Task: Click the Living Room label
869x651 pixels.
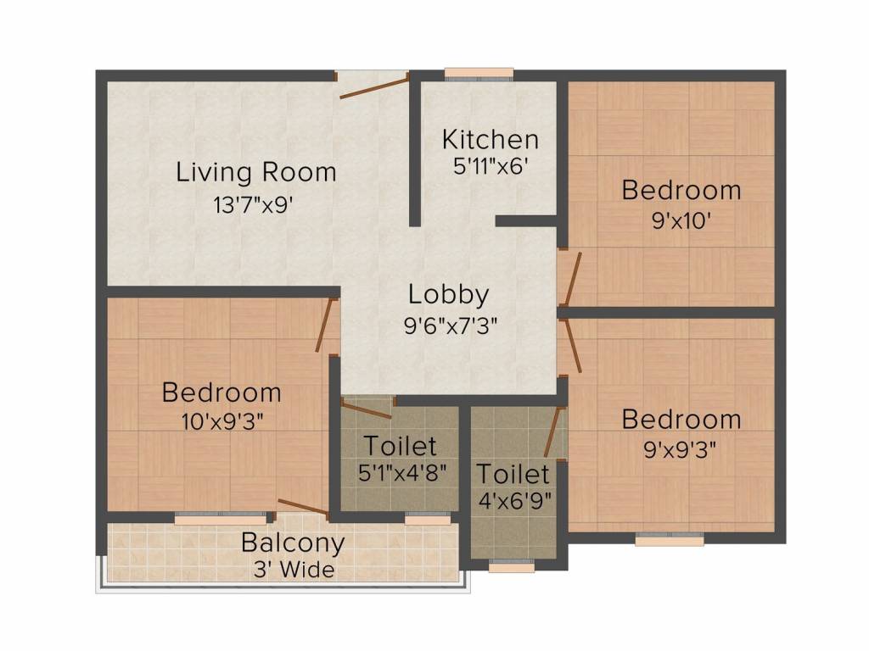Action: coord(256,172)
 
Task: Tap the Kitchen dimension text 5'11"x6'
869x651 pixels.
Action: coord(488,166)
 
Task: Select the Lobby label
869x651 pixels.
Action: coord(449,295)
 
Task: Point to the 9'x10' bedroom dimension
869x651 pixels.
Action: coord(681,221)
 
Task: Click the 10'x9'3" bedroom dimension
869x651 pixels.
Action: coord(221,422)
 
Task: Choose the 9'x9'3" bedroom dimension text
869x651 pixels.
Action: coord(680,449)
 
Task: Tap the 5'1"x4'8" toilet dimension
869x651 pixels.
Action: coord(402,473)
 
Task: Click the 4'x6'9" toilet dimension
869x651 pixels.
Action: coord(515,502)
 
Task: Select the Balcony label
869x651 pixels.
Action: coord(293,543)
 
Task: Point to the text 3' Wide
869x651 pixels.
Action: coord(294,570)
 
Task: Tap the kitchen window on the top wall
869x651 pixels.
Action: coord(479,75)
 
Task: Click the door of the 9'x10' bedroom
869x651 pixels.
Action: coord(571,279)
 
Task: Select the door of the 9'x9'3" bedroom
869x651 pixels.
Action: coord(571,346)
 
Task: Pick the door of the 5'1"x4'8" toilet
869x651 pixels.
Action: coord(367,408)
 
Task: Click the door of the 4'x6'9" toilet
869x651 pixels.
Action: coord(554,431)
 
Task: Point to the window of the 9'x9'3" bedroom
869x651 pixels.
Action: coord(670,538)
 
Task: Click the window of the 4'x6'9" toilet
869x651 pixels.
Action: coord(512,565)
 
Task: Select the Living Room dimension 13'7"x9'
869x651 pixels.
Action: coord(253,205)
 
